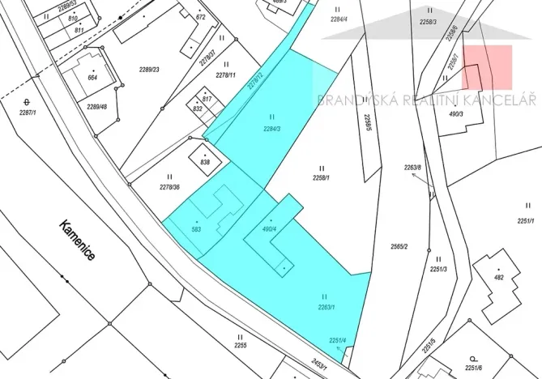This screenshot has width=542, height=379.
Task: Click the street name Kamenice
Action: point(77,241)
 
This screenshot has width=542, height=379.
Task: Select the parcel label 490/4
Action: point(270,228)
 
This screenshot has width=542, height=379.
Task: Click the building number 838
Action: point(205,162)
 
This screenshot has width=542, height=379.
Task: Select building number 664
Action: point(92,78)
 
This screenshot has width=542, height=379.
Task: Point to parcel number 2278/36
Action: point(169,187)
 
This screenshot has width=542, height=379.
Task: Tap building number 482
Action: point(498,278)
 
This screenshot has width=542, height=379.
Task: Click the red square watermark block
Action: point(488,66)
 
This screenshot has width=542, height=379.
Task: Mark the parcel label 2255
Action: point(240,346)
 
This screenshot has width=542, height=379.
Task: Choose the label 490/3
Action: point(477,114)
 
